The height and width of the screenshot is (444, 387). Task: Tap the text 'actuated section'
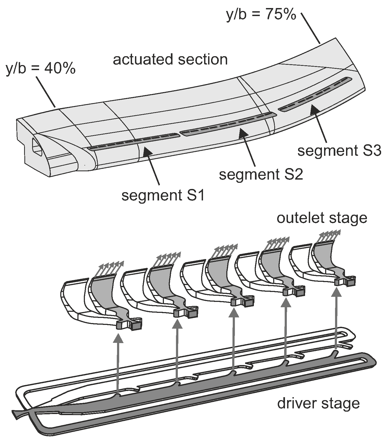point(170,59)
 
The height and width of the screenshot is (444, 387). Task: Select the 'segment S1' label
point(163,196)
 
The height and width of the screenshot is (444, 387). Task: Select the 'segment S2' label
point(261,175)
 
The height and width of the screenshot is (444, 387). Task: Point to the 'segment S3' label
point(339,151)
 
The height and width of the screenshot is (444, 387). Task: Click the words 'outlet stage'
point(322,218)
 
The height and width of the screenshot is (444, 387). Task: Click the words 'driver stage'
point(318,403)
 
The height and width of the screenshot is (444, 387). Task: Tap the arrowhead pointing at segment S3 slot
point(314,109)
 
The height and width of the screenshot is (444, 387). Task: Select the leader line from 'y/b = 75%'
point(311,28)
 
